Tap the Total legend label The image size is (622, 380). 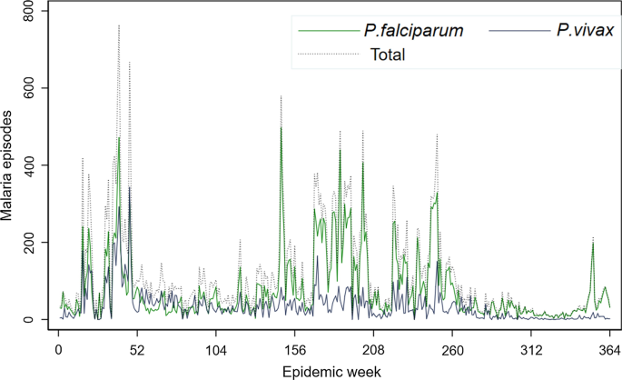point(388,55)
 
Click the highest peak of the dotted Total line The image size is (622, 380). point(119,25)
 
